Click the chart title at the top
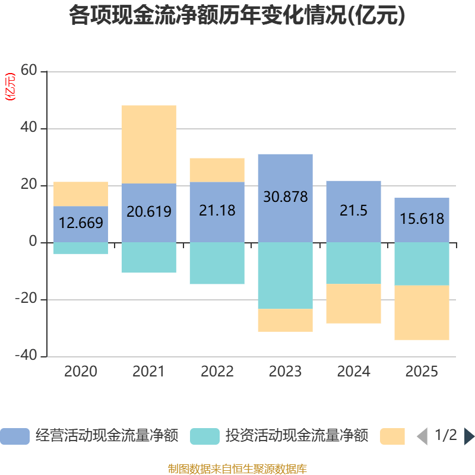click(x=237, y=16)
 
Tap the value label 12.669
click(x=81, y=223)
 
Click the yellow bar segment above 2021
click(x=148, y=144)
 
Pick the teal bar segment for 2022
click(x=217, y=263)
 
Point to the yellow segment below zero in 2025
click(x=422, y=313)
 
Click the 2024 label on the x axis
click(x=353, y=372)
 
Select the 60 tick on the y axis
click(x=29, y=71)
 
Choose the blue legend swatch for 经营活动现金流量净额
click(x=14, y=436)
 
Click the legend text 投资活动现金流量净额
click(x=297, y=436)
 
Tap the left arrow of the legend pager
click(x=422, y=436)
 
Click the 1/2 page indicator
click(x=445, y=435)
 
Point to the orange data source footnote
click(x=237, y=469)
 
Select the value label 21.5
click(x=353, y=210)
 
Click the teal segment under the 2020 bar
click(x=81, y=248)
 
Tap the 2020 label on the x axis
click(x=81, y=372)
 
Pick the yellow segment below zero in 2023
click(x=285, y=320)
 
